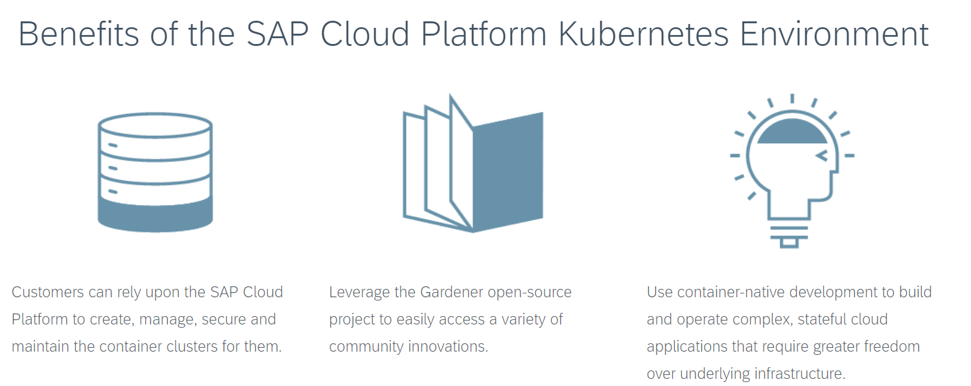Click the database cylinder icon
(x=156, y=172)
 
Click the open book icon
(x=473, y=165)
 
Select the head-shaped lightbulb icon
(x=791, y=172)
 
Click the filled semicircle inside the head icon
(x=792, y=132)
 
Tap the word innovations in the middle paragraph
(x=447, y=346)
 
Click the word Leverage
(x=357, y=293)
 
